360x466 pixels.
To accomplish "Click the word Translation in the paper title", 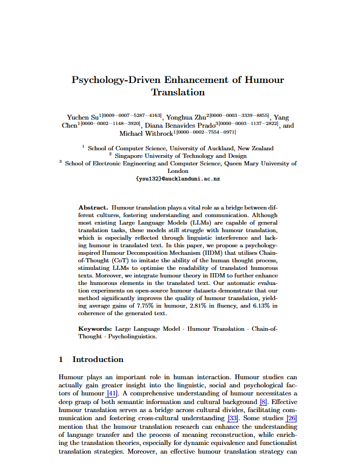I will coord(178,92).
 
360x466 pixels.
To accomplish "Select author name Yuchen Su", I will coord(82,117).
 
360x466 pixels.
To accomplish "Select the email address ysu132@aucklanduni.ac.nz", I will coord(178,178).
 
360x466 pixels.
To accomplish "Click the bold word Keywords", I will coord(95,329).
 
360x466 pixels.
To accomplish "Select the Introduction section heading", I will coord(98,359).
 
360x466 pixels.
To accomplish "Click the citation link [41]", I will coord(112,393).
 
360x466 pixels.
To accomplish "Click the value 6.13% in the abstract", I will coord(257,306).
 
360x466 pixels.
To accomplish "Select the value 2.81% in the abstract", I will coord(199,306).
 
